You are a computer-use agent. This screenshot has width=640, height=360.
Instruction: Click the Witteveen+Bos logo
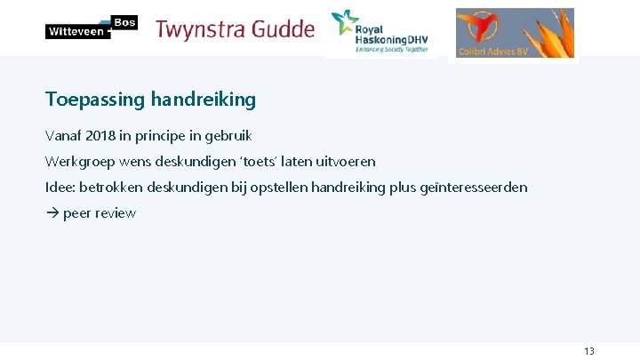pos(91,28)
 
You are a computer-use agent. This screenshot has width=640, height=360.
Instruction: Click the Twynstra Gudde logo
pos(235,29)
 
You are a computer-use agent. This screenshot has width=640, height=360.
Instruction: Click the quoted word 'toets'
pos(257,162)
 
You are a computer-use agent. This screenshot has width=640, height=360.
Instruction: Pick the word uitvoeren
pos(343,162)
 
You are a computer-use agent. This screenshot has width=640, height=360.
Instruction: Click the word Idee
pos(60,188)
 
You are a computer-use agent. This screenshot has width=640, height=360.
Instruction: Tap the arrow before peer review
pos(52,213)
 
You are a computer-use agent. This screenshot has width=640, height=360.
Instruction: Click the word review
pos(116,213)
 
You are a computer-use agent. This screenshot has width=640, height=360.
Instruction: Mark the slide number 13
pos(589,351)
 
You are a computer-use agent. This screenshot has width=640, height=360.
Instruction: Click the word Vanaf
pos(63,136)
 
